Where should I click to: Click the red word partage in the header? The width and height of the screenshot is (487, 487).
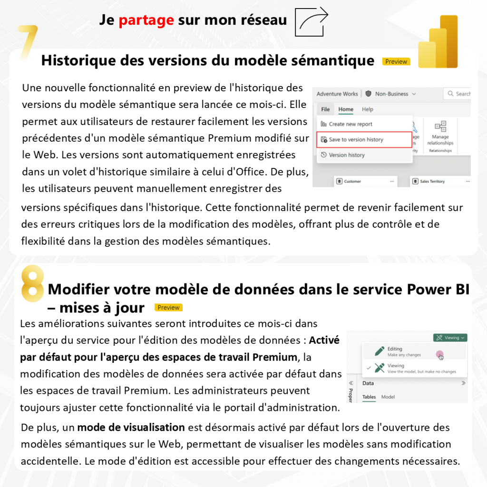point(146,20)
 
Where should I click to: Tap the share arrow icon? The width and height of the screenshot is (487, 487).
point(312,21)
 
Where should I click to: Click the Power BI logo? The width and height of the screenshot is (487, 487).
point(438,42)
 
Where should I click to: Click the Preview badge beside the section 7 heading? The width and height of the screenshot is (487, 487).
point(396,61)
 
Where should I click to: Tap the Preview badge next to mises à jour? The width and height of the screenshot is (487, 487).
point(168,308)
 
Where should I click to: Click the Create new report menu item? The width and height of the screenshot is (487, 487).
point(351,124)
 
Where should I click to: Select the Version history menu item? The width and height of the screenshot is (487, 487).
point(347,155)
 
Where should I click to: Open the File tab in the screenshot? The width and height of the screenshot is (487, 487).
point(325,109)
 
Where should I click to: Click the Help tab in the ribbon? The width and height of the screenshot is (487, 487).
point(367,109)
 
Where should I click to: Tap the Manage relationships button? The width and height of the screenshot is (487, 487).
point(440,135)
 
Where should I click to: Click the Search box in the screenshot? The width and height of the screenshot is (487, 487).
point(458,94)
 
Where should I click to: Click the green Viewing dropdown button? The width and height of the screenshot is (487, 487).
point(450,338)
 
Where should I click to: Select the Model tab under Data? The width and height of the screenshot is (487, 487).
point(388,397)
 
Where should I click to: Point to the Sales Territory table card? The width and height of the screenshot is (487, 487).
point(432,181)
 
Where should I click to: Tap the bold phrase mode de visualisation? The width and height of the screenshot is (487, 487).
point(131,427)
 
